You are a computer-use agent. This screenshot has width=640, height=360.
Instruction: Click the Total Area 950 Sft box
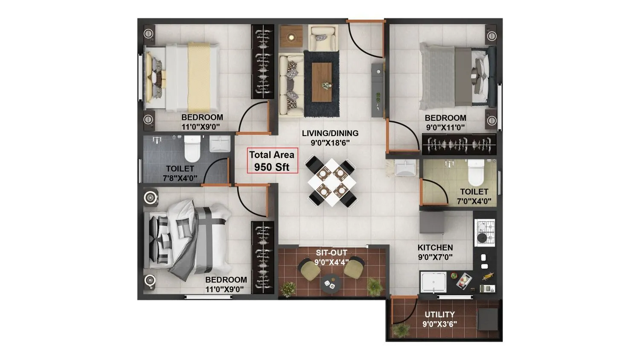tap(272, 161)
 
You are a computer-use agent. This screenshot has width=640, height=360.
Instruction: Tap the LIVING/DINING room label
tap(330, 133)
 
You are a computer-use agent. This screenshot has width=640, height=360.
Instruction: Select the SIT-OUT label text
tap(332, 253)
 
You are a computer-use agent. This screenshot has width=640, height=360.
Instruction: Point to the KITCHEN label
tap(435, 247)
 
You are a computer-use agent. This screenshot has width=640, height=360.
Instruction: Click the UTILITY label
tap(439, 315)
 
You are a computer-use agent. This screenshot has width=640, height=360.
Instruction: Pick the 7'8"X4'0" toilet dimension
tap(180, 178)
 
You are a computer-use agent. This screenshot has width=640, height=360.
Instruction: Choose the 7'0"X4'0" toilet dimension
tap(474, 201)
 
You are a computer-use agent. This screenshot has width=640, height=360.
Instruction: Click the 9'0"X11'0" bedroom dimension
tap(445, 127)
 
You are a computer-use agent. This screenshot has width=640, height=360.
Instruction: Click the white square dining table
tap(332, 182)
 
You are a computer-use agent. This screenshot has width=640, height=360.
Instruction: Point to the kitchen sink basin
tap(433, 282)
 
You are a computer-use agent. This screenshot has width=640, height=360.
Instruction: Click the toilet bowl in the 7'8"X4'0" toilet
tap(192, 147)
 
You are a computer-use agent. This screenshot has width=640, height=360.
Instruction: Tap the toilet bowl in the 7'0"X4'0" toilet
tap(476, 171)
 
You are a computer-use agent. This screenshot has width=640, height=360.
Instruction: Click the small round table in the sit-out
tap(330, 283)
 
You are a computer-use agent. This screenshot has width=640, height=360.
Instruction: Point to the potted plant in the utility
tap(400, 329)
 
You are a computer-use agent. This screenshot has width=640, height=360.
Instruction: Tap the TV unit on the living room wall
tap(377, 90)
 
